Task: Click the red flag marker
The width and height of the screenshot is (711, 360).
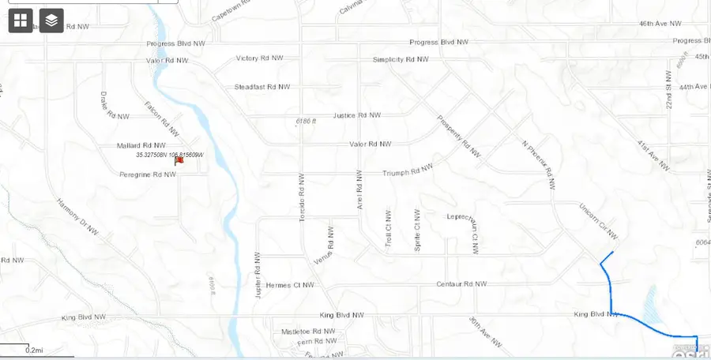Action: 179,160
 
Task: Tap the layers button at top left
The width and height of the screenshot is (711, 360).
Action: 51,21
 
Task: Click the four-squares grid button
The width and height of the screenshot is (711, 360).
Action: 21,21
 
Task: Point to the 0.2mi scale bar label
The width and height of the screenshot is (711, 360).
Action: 33,350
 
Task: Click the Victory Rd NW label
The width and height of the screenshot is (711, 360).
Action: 259,58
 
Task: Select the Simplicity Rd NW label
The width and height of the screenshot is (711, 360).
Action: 401,59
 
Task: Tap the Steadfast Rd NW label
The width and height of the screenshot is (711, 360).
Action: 262,87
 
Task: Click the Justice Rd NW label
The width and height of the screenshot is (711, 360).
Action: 357,115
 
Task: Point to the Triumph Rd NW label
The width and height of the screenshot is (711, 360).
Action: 408,173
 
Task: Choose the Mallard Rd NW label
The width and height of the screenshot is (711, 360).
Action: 141,145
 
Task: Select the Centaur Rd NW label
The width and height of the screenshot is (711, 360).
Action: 461,284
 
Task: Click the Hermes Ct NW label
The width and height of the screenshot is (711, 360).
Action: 290,285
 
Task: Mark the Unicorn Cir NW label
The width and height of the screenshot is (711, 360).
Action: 598,220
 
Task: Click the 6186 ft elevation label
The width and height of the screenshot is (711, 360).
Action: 306,121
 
